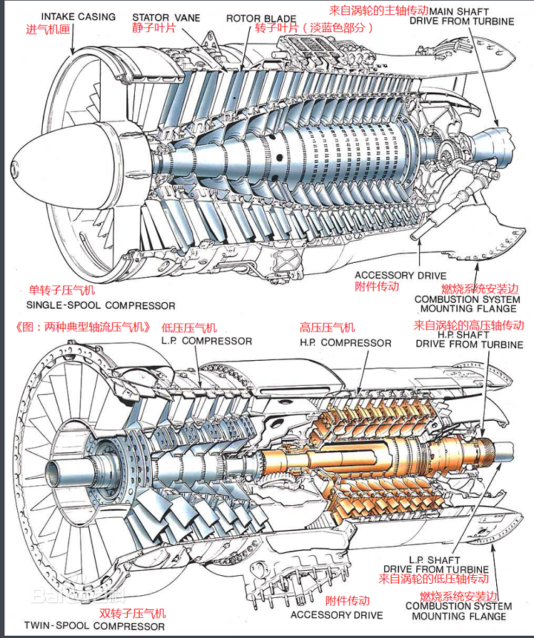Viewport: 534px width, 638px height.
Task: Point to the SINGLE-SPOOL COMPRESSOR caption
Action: pos(100,306)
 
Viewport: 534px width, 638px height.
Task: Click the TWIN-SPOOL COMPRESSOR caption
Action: pos(93,626)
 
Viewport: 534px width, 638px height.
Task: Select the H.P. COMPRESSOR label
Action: pos(346,343)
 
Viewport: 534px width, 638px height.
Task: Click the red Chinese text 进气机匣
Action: pos(50,29)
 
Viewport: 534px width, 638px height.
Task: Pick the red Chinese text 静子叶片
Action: pos(156,28)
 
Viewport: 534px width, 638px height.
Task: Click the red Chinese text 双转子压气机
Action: pos(132,613)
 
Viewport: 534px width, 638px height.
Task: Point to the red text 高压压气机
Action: pos(327,328)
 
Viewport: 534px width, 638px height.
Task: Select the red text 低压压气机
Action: pos(189,328)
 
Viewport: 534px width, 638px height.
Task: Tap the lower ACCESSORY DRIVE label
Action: pos(336,615)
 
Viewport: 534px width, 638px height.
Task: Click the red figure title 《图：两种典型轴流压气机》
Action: pos(83,327)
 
